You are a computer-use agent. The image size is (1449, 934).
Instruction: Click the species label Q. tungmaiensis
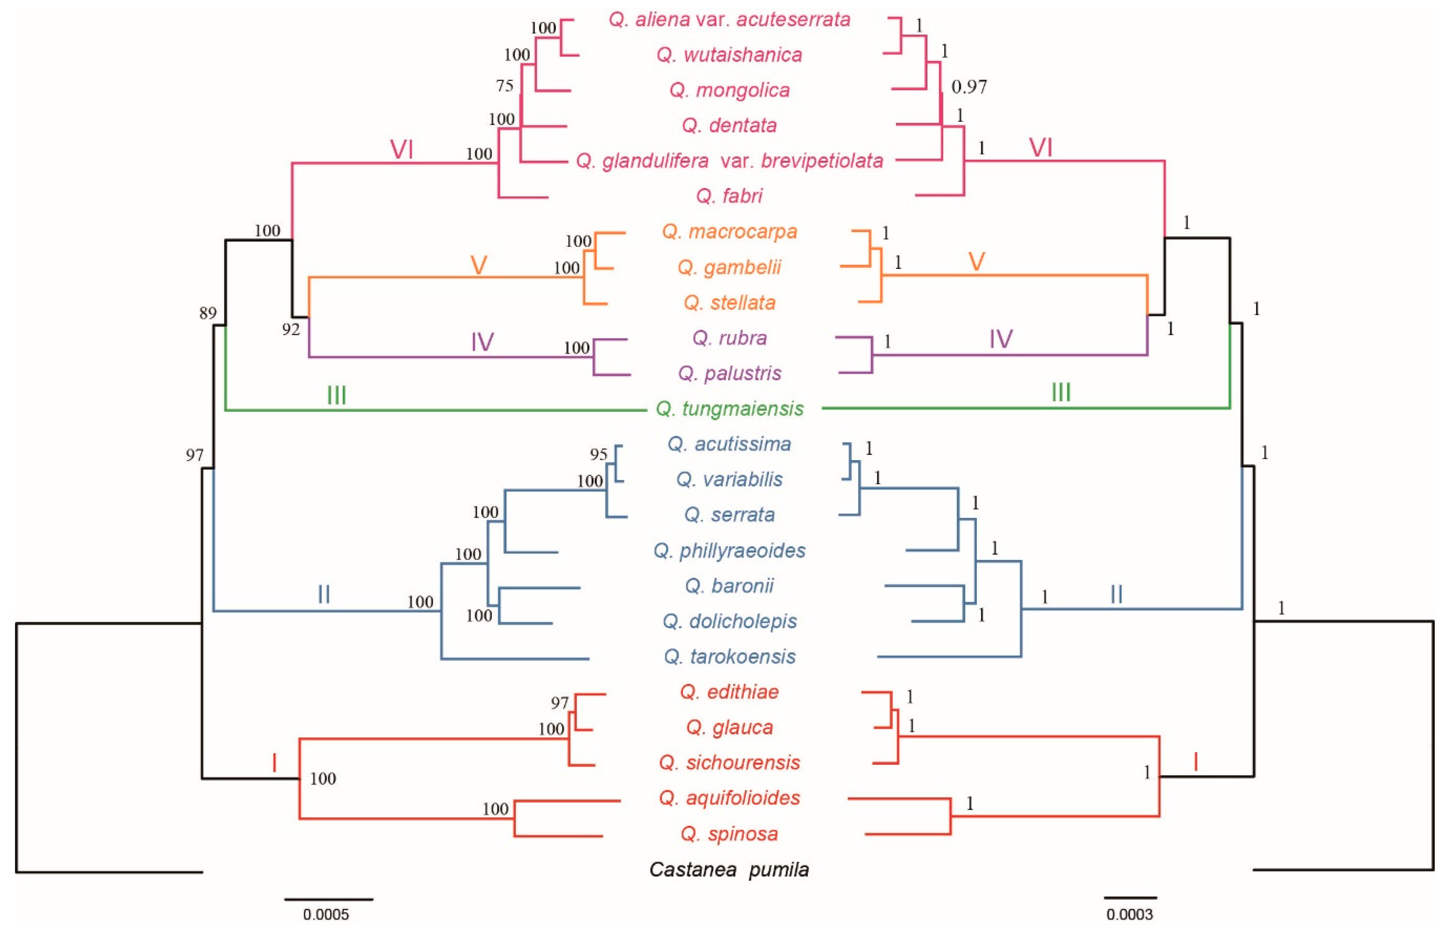pos(730,409)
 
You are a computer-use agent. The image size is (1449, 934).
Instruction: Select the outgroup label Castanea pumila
pos(729,869)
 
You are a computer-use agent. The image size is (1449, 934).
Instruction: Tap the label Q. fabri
pos(730,196)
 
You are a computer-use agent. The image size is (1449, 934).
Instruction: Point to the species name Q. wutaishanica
pos(730,55)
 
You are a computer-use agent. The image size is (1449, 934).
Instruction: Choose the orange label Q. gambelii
pos(730,267)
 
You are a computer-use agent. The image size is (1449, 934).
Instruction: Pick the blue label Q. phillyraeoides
pos(730,550)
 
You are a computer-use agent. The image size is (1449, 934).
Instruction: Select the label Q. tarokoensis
pos(730,656)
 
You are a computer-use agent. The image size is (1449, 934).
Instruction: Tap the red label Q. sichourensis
pos(730,763)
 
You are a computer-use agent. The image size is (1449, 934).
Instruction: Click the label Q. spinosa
pos(730,833)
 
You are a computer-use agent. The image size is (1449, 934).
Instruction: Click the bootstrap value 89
pos(207,313)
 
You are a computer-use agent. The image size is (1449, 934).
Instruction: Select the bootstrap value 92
pos(290,329)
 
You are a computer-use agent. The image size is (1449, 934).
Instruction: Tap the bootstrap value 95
pos(599,454)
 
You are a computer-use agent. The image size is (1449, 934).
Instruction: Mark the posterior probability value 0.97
pos(969,87)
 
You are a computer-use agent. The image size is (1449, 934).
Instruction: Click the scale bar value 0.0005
pos(326,914)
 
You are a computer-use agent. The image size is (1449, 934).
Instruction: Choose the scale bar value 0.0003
pos(1129,914)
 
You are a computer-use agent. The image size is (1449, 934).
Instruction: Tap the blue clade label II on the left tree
pos(324,595)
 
